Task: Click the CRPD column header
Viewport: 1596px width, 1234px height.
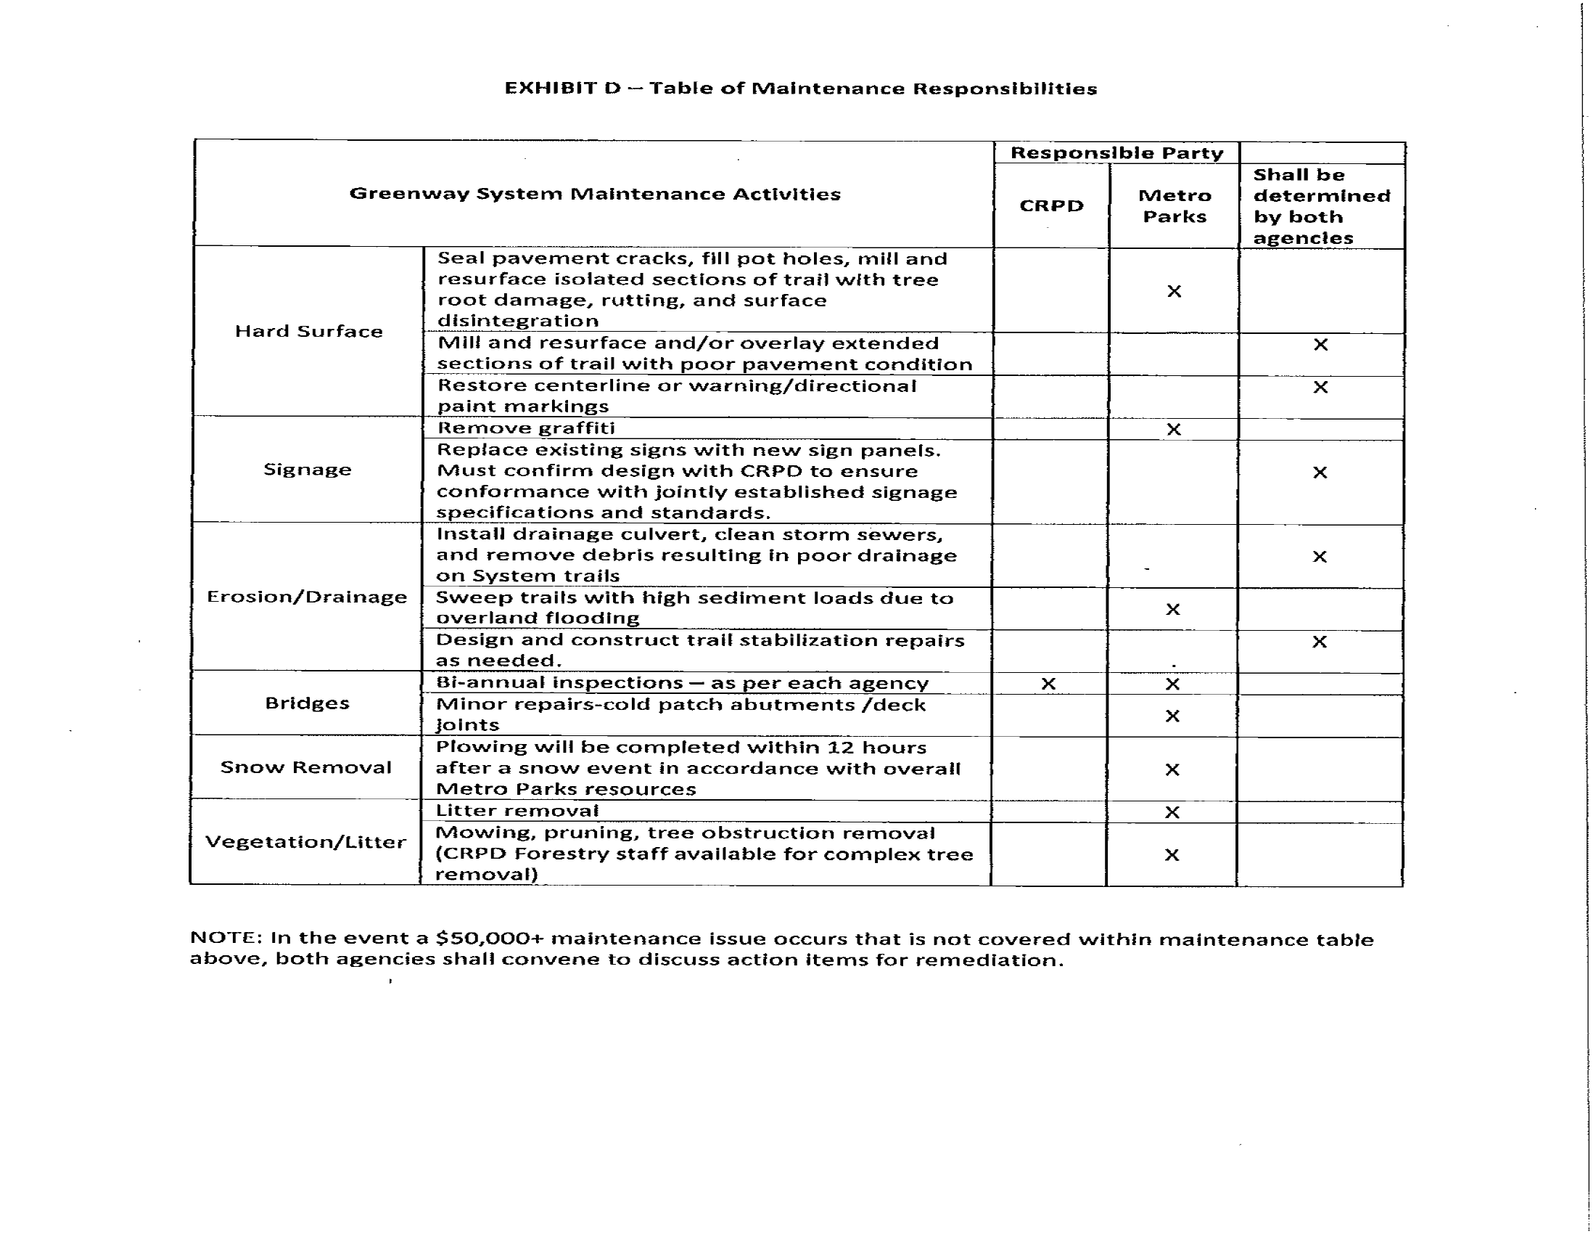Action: point(1051,206)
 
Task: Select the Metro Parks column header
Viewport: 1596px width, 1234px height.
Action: point(1175,206)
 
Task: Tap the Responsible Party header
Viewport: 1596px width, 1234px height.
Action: point(1116,152)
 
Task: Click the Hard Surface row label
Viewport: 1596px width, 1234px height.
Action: point(308,331)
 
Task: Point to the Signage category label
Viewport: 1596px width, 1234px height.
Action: point(307,470)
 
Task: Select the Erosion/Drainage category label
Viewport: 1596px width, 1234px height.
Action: point(307,597)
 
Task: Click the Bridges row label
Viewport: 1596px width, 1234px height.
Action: point(307,703)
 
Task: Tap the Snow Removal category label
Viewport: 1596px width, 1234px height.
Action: point(306,767)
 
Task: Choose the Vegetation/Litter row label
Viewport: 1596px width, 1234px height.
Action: point(305,842)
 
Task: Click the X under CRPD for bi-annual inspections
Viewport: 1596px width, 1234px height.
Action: point(1048,684)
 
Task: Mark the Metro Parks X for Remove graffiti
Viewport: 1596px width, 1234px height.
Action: point(1174,429)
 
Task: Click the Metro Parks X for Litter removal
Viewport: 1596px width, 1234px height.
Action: point(1172,812)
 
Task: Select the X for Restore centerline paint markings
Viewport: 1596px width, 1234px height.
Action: point(1320,387)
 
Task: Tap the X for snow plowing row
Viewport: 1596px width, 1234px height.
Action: point(1172,769)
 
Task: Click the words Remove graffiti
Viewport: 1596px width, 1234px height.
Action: point(525,428)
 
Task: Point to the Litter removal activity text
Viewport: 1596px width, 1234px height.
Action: point(517,811)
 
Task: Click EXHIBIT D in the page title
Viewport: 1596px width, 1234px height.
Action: point(562,89)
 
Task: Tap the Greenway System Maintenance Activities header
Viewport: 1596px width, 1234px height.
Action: point(595,194)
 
